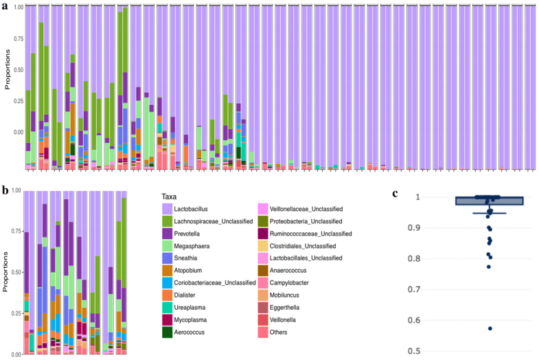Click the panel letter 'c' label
point(396,193)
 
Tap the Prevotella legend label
point(199,234)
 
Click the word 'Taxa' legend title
point(171,195)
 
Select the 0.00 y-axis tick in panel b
point(14,354)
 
